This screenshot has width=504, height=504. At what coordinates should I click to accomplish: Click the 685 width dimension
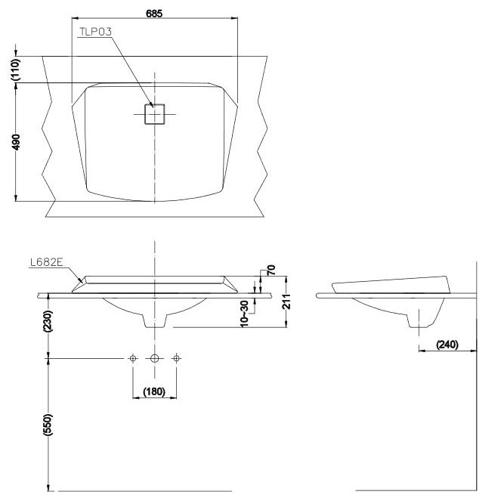pyautogui.click(x=155, y=14)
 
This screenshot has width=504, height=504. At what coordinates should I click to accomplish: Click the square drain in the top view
pyautogui.click(x=155, y=114)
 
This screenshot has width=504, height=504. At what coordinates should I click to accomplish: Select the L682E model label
pyautogui.click(x=46, y=262)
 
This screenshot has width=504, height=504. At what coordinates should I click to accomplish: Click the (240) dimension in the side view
pyautogui.click(x=448, y=345)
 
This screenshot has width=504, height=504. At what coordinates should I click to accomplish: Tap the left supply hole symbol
pyautogui.click(x=133, y=358)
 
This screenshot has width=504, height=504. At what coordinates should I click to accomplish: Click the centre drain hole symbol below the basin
pyautogui.click(x=155, y=358)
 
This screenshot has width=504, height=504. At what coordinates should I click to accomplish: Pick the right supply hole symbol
pyautogui.click(x=176, y=358)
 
